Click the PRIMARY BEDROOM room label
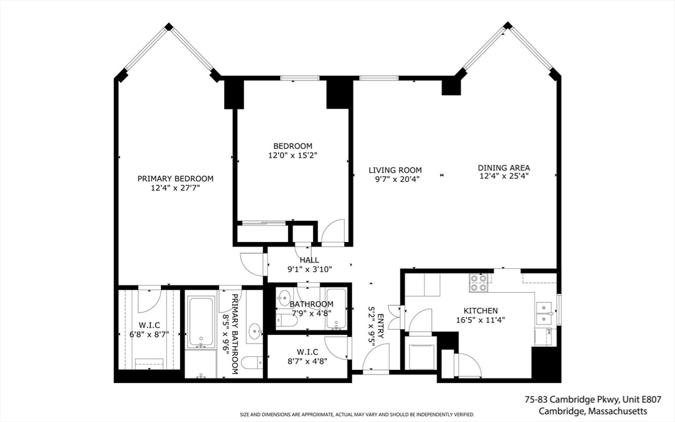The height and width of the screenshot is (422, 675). [x=175, y=179]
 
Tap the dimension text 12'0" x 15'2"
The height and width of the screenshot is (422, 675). [x=293, y=155]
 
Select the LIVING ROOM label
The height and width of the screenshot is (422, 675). [x=396, y=171]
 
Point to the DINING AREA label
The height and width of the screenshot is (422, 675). [x=504, y=168]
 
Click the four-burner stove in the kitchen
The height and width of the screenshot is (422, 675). [x=479, y=283]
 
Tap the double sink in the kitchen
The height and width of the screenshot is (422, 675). [x=544, y=313]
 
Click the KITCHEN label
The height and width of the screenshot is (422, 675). [x=481, y=311]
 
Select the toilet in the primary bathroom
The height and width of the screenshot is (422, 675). [x=252, y=363]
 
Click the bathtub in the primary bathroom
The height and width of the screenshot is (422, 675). [x=201, y=322]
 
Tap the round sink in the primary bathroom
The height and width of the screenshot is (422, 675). [x=256, y=332]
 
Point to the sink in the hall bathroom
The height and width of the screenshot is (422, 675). [x=284, y=297]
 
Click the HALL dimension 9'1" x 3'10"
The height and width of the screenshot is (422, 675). [x=310, y=270]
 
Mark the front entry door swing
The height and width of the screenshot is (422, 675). [x=376, y=357]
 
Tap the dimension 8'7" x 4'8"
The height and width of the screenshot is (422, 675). [x=307, y=361]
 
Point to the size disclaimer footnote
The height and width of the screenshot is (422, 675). [x=357, y=415]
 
